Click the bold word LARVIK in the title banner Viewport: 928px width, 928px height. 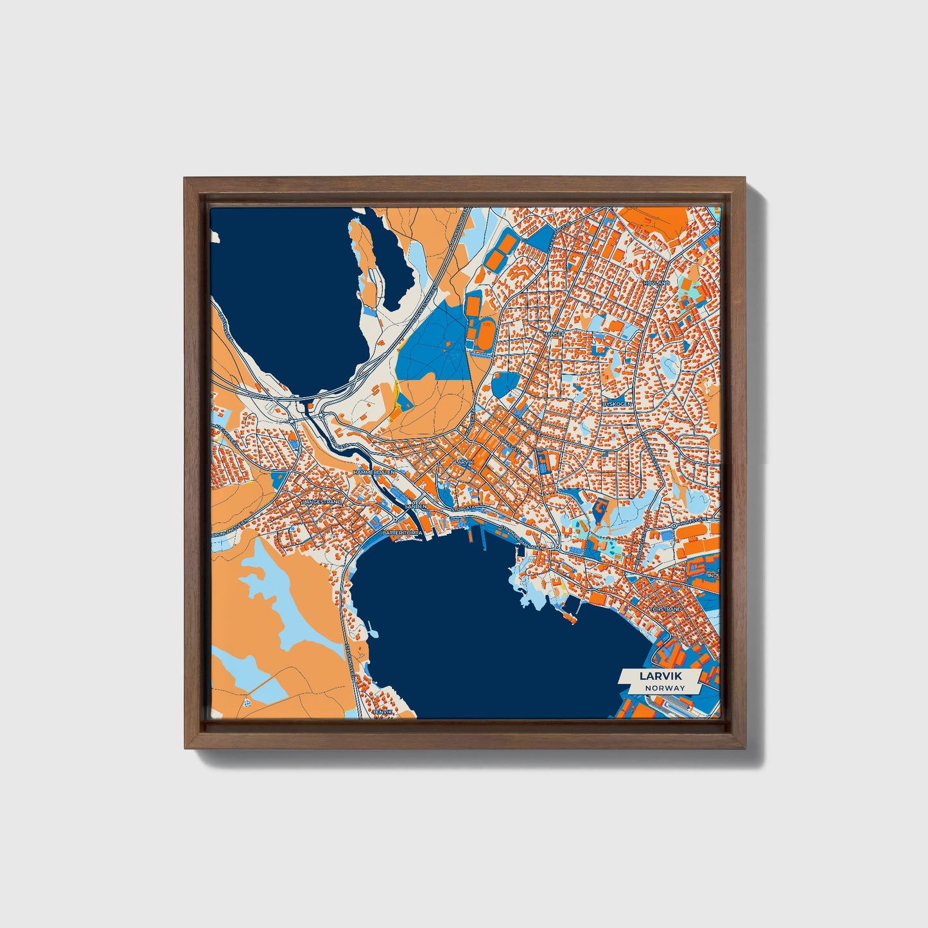click(x=660, y=676)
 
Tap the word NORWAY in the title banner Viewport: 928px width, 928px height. click(x=665, y=688)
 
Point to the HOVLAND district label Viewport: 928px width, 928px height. click(x=657, y=283)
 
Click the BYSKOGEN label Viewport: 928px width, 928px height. click(x=617, y=403)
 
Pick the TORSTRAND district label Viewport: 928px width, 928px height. click(x=665, y=608)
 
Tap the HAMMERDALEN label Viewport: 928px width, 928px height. click(x=376, y=472)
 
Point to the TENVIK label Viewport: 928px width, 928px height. click(x=383, y=712)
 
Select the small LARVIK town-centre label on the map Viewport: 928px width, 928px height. click(x=463, y=462)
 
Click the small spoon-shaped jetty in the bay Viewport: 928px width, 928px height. click(x=568, y=615)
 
